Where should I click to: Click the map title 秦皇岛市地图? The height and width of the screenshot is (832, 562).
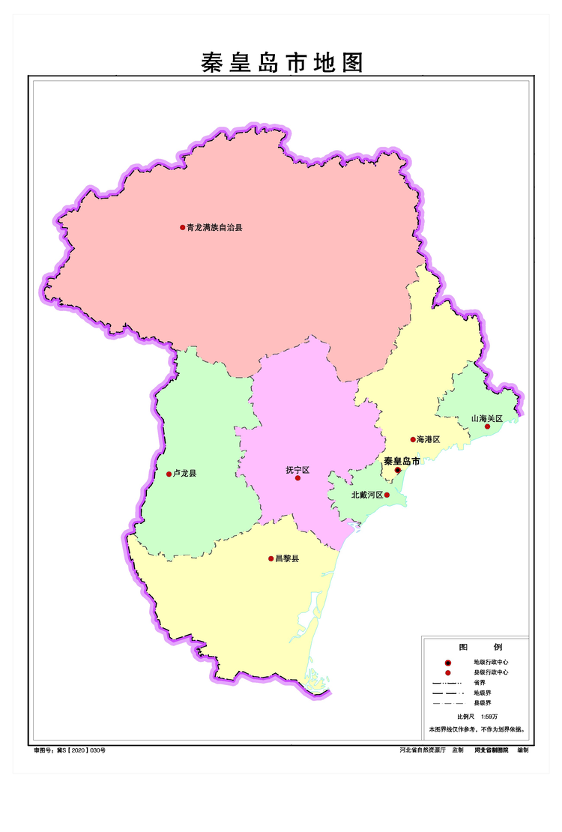282,62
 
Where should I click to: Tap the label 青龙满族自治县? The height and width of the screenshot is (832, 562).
215,227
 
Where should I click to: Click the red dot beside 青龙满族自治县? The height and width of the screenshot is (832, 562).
182,227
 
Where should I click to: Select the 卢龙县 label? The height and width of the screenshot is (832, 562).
184,474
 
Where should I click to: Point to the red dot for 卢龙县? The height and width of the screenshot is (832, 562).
169,474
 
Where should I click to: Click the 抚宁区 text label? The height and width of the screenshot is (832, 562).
297,470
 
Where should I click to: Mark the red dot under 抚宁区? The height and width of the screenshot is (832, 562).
297,478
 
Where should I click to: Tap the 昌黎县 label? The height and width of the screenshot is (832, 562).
287,558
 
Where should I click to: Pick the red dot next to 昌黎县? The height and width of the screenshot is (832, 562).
271,558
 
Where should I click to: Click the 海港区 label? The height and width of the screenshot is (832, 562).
428,439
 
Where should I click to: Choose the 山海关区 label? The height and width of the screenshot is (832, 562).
486,417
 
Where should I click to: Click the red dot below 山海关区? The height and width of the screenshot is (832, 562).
487,426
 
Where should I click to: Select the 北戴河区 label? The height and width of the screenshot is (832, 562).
367,495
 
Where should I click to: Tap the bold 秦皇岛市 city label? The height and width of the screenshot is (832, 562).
402,461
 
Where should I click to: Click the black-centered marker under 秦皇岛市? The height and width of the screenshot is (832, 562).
398,471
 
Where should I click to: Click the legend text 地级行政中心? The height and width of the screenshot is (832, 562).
491,663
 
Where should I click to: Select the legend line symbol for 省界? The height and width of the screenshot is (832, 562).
448,684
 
